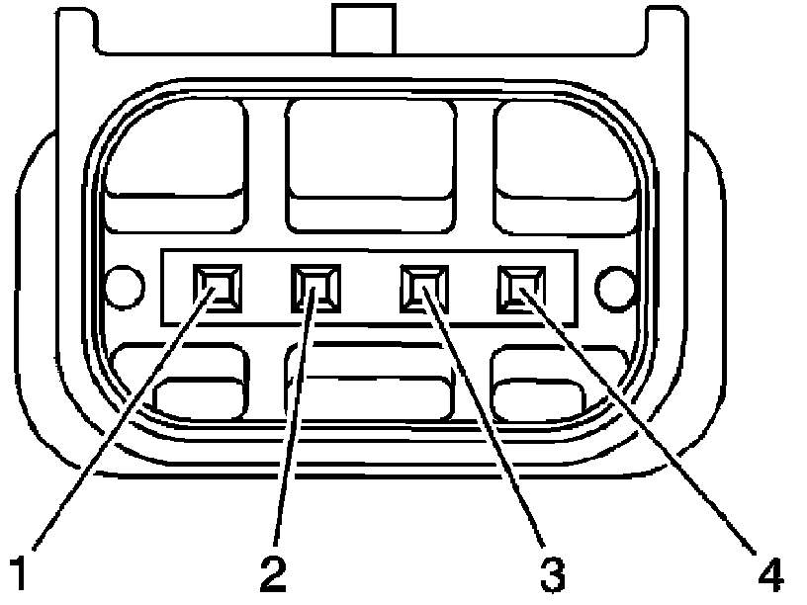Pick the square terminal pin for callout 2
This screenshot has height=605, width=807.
[x=314, y=288]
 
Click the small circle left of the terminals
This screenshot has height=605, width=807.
[x=125, y=287]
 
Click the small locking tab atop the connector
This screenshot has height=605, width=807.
[x=363, y=29]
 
